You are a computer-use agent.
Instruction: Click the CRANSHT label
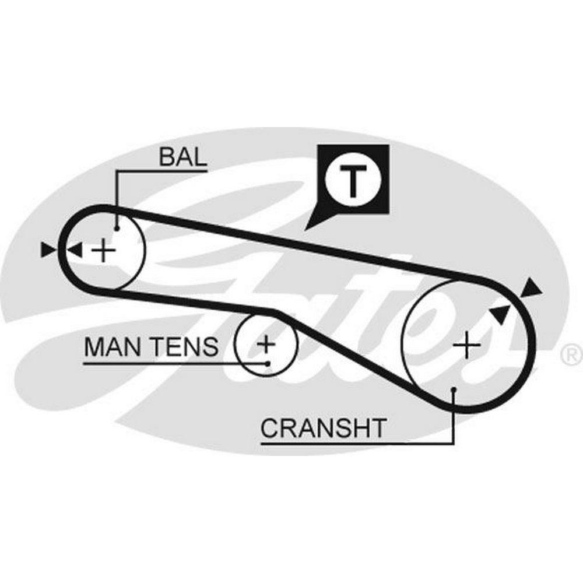[323, 429]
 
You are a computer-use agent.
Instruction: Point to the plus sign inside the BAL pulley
[104, 251]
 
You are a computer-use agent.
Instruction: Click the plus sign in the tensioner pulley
[266, 344]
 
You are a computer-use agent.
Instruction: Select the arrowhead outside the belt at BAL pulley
[48, 250]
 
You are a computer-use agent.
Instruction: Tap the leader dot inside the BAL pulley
[117, 229]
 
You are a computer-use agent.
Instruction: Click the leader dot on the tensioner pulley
[267, 363]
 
